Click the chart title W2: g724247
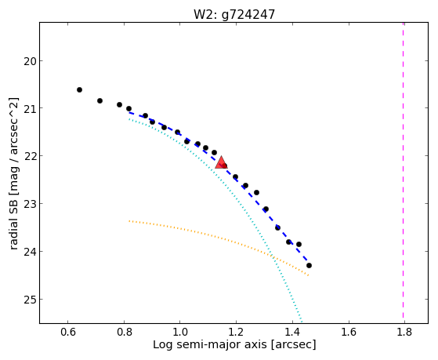[234, 14]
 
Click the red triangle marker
[221, 163]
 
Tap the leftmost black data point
[79, 89]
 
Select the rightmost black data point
[309, 265]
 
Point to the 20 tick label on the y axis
[30, 61]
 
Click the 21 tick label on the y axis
[30, 108]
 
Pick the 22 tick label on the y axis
[30, 156]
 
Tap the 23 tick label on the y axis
[30, 204]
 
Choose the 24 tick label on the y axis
[30, 252]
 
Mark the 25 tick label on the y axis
[30, 300]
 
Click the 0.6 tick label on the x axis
[68, 332]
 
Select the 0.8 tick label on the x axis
[124, 332]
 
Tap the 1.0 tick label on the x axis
[180, 332]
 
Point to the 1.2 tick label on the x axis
[236, 332]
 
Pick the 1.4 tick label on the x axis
[292, 332]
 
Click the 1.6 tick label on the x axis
[349, 332]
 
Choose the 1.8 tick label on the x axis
[404, 332]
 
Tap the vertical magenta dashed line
[403, 173]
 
